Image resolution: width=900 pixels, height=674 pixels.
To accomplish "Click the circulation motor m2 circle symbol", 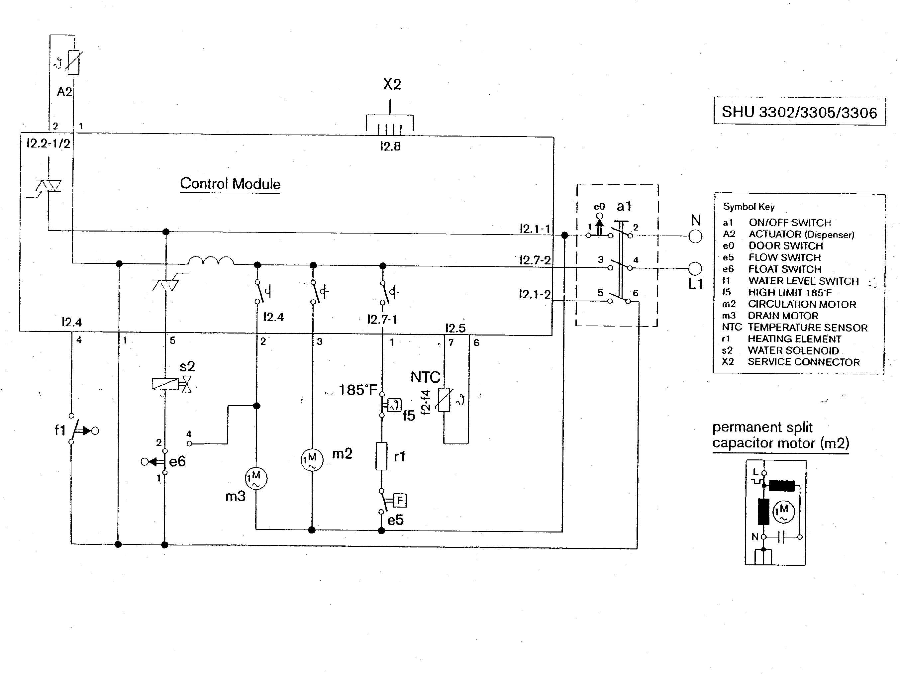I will [x=312, y=460].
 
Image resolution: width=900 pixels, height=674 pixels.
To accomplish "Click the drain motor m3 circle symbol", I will [x=256, y=478].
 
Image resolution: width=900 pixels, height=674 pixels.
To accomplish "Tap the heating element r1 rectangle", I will [x=381, y=456].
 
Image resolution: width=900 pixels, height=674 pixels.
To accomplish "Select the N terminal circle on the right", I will [x=695, y=236].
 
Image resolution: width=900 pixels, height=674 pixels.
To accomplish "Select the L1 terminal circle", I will [x=695, y=268].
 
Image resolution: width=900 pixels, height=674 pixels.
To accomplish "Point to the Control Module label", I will [x=230, y=184].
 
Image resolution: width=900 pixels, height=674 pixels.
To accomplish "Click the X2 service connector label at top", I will [x=392, y=84].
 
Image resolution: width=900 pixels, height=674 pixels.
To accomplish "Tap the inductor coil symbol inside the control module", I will [x=210, y=261].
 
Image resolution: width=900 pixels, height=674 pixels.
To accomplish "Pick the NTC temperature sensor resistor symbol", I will [x=444, y=400].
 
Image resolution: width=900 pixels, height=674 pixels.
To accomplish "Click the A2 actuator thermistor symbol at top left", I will [x=73, y=63].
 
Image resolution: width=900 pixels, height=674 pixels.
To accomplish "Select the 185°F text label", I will [x=357, y=390].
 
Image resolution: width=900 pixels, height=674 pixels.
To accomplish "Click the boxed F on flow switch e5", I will [x=400, y=500].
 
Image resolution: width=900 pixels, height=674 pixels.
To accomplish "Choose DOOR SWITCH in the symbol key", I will [x=785, y=246].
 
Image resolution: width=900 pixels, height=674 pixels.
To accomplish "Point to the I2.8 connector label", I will [x=390, y=146].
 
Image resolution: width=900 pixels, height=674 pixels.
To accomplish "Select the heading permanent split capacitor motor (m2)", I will [x=780, y=435].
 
